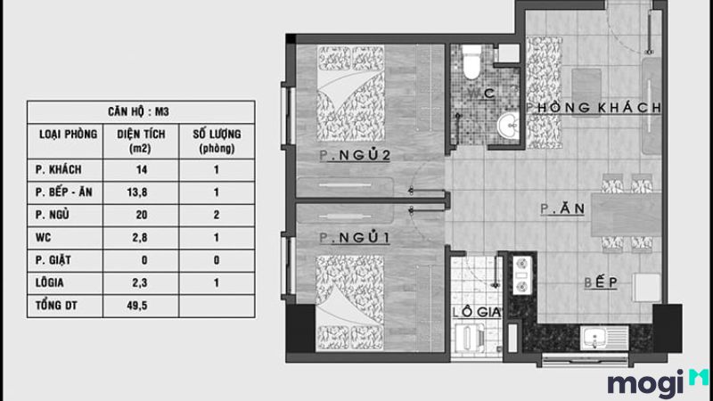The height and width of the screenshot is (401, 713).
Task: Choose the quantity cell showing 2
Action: [x=217, y=214]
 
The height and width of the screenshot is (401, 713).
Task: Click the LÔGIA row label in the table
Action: [x=52, y=282]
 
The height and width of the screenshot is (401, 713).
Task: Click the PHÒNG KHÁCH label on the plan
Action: [x=594, y=108]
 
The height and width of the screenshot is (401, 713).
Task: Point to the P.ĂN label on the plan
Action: [x=561, y=210]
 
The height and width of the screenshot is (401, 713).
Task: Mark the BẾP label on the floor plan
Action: [x=602, y=282]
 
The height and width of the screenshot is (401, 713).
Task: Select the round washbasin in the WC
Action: [x=509, y=125]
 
